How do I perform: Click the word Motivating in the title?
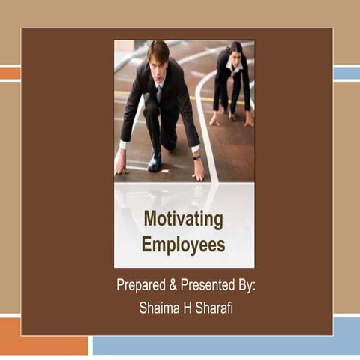[184, 220]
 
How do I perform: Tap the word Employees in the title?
[184, 244]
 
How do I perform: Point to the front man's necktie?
[158, 92]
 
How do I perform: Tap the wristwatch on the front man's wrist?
[196, 157]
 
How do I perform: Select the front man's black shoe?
[155, 161]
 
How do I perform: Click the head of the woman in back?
[234, 52]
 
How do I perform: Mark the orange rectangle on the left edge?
[10, 73]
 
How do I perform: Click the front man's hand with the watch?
[198, 169]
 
